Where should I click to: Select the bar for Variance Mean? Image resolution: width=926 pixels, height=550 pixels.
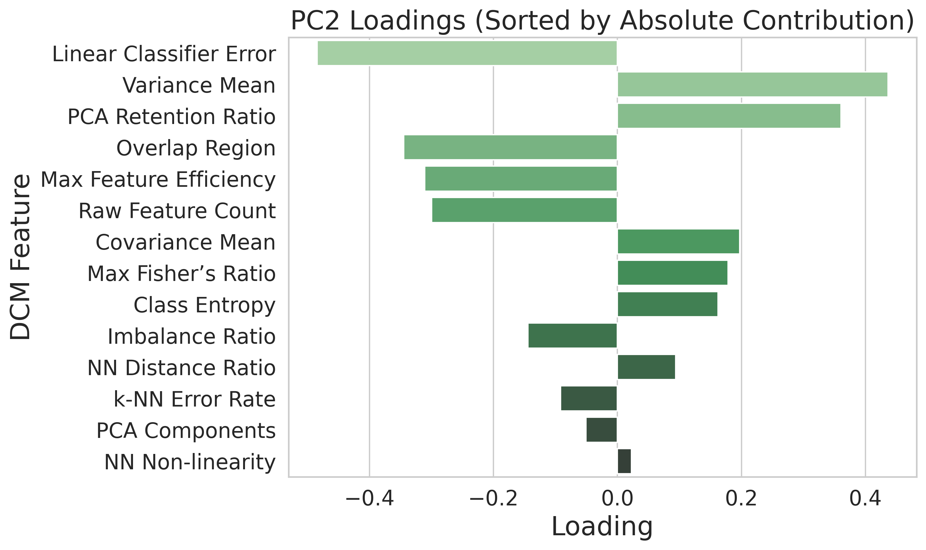tap(752, 84)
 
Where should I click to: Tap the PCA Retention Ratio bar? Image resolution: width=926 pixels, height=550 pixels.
tap(729, 116)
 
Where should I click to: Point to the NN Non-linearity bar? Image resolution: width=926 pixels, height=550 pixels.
tap(624, 461)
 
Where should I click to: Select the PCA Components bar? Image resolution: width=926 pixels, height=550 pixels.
tap(601, 430)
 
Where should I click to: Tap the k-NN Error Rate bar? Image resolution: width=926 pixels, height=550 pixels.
tap(589, 399)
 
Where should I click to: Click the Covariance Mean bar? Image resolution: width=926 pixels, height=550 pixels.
tap(678, 242)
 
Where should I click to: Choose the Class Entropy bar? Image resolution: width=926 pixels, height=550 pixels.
tap(667, 304)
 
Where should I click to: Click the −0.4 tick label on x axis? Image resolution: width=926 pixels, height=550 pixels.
tap(369, 499)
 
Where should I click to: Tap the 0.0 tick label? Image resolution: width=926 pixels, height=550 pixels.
tap(617, 499)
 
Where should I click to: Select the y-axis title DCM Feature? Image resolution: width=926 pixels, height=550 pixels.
tap(20, 257)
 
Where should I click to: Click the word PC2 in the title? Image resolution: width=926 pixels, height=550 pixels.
tap(315, 21)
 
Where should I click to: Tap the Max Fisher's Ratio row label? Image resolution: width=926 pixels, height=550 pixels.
tap(181, 274)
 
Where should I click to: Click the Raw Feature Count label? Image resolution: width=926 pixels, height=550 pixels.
tap(177, 211)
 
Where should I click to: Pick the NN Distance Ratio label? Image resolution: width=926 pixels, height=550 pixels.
tap(181, 369)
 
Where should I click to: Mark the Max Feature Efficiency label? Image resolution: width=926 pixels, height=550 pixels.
tap(158, 180)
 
